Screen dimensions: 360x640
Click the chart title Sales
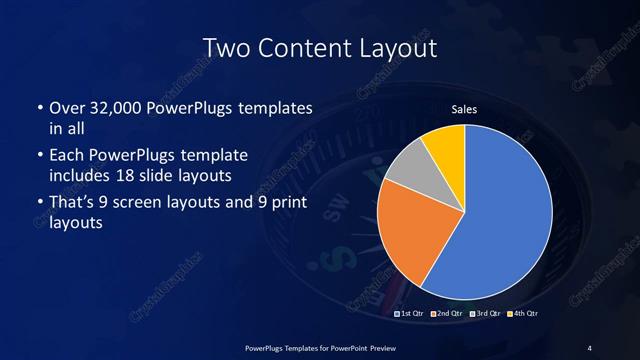pyautogui.click(x=466, y=109)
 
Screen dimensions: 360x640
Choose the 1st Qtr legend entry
pyautogui.click(x=411, y=314)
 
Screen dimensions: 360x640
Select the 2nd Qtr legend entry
pyautogui.click(x=446, y=314)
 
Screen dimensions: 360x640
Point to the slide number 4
pyautogui.click(x=590, y=347)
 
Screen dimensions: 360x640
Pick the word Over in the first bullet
pyautogui.click(x=68, y=108)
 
